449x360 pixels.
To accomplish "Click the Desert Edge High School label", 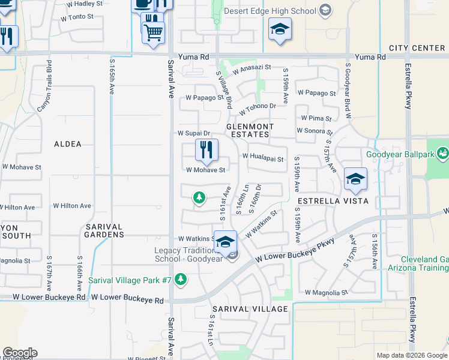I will pos(270,10).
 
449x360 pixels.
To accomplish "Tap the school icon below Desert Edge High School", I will pos(280,29).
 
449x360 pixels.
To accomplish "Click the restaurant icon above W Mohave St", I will pos(206,150).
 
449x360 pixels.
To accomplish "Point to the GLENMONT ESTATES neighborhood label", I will pos(250,131).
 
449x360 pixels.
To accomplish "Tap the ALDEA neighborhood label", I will pos(67,144).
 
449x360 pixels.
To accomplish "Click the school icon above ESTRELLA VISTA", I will pos(355,179).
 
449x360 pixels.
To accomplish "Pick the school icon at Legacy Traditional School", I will pos(226,242).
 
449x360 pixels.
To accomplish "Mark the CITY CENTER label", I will pos(416,48).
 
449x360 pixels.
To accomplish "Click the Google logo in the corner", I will pos(20,353).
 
